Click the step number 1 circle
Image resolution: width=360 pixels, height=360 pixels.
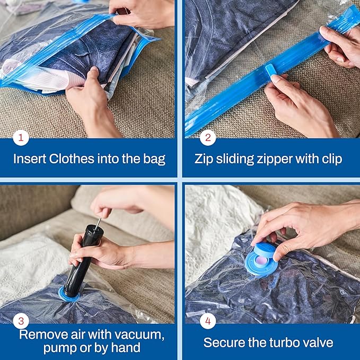coord(21,138)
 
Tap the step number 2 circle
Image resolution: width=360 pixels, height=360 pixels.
coord(207,138)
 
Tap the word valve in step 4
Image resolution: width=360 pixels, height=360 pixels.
coord(318,342)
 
